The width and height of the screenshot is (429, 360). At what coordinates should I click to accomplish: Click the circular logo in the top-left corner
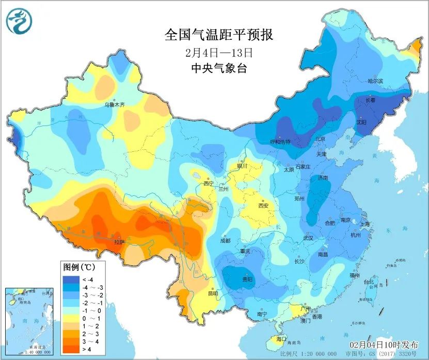[19, 21]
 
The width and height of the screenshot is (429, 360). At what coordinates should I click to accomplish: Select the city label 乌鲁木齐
[115, 104]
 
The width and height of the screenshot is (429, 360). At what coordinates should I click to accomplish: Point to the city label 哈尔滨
[375, 82]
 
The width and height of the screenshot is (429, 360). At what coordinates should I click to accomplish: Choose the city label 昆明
[212, 293]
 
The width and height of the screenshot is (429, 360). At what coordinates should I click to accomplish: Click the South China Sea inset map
[29, 320]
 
